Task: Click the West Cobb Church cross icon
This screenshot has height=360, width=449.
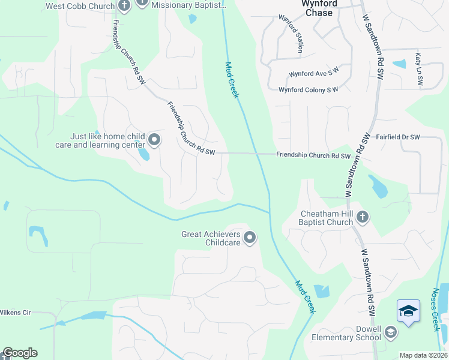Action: (x=124, y=7)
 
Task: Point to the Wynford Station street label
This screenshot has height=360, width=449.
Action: (x=291, y=34)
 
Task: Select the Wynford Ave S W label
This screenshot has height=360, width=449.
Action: (x=313, y=74)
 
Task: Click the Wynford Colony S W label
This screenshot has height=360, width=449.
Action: (x=309, y=89)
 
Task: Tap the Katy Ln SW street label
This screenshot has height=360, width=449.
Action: (x=418, y=70)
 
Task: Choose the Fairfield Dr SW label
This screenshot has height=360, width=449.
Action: (x=397, y=137)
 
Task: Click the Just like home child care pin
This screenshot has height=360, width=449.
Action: (x=154, y=140)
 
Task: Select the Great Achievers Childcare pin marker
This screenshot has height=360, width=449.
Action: (x=250, y=238)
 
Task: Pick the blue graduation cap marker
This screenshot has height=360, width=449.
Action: (x=408, y=311)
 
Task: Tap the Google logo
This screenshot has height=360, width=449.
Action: (x=20, y=353)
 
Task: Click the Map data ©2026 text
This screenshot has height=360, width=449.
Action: (x=423, y=355)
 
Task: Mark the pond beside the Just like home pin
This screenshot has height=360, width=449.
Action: (x=143, y=154)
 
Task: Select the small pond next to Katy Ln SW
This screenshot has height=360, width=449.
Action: (x=399, y=64)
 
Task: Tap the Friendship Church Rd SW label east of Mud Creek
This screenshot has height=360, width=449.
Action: (x=313, y=155)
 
